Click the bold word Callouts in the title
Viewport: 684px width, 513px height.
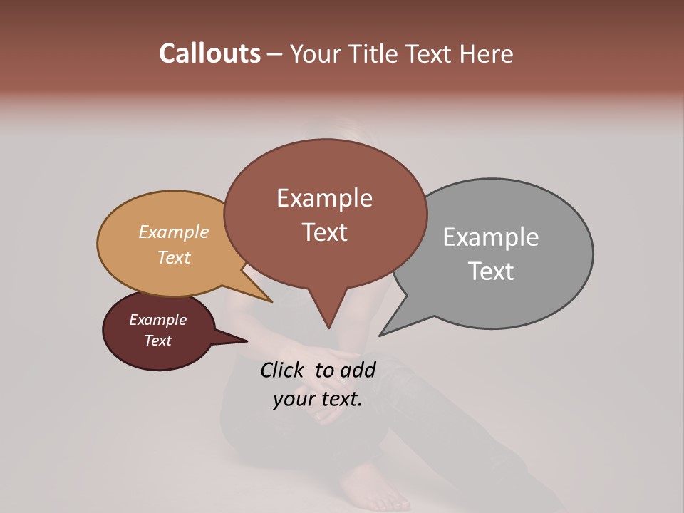click(210, 53)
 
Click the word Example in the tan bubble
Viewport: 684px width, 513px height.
click(174, 232)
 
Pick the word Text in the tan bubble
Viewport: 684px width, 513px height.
click(174, 257)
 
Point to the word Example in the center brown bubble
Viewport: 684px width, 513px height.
click(324, 198)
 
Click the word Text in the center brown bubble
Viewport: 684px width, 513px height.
click(324, 232)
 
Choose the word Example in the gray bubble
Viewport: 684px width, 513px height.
click(491, 237)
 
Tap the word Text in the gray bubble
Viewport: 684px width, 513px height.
click(491, 271)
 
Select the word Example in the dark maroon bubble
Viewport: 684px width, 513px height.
click(158, 320)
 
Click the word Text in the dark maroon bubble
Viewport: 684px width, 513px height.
click(158, 341)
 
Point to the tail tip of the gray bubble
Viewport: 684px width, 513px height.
click(381, 334)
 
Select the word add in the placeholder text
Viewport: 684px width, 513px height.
click(358, 370)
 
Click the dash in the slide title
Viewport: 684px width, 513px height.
click(275, 54)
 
